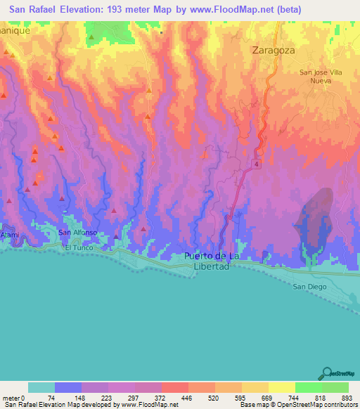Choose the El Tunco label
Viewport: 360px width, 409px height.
(79, 248)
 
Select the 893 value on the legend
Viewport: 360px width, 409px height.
(346, 398)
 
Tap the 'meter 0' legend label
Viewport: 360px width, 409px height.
(15, 398)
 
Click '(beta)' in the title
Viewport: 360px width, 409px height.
(289, 10)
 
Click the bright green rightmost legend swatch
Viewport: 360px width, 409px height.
(335, 387)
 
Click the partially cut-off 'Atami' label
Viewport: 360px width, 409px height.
(8, 234)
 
